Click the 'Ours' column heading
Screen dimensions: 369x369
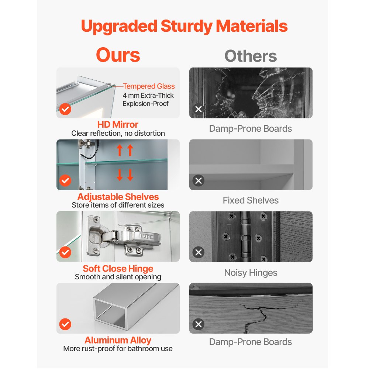(x=118, y=55)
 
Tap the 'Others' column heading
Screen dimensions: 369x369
(x=251, y=56)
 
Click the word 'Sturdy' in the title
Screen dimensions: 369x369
(x=186, y=26)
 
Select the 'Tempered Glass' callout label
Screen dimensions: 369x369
(x=149, y=86)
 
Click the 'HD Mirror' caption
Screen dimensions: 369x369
(x=118, y=124)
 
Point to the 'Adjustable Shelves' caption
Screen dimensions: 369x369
(x=118, y=197)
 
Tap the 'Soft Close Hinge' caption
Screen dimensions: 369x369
(x=118, y=269)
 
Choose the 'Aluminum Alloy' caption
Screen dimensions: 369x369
(x=118, y=340)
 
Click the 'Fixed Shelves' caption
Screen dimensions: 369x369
(x=251, y=200)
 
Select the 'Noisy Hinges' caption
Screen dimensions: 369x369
(x=251, y=273)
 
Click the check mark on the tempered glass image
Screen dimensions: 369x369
(x=65, y=109)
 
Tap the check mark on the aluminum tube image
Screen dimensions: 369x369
(x=65, y=324)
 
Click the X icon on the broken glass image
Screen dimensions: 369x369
(x=199, y=109)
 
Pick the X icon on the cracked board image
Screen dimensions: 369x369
(x=199, y=324)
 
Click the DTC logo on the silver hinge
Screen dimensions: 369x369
(x=147, y=236)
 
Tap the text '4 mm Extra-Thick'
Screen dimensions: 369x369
(x=148, y=96)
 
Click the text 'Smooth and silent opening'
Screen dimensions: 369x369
(x=118, y=277)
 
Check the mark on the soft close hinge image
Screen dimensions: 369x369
(x=65, y=252)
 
